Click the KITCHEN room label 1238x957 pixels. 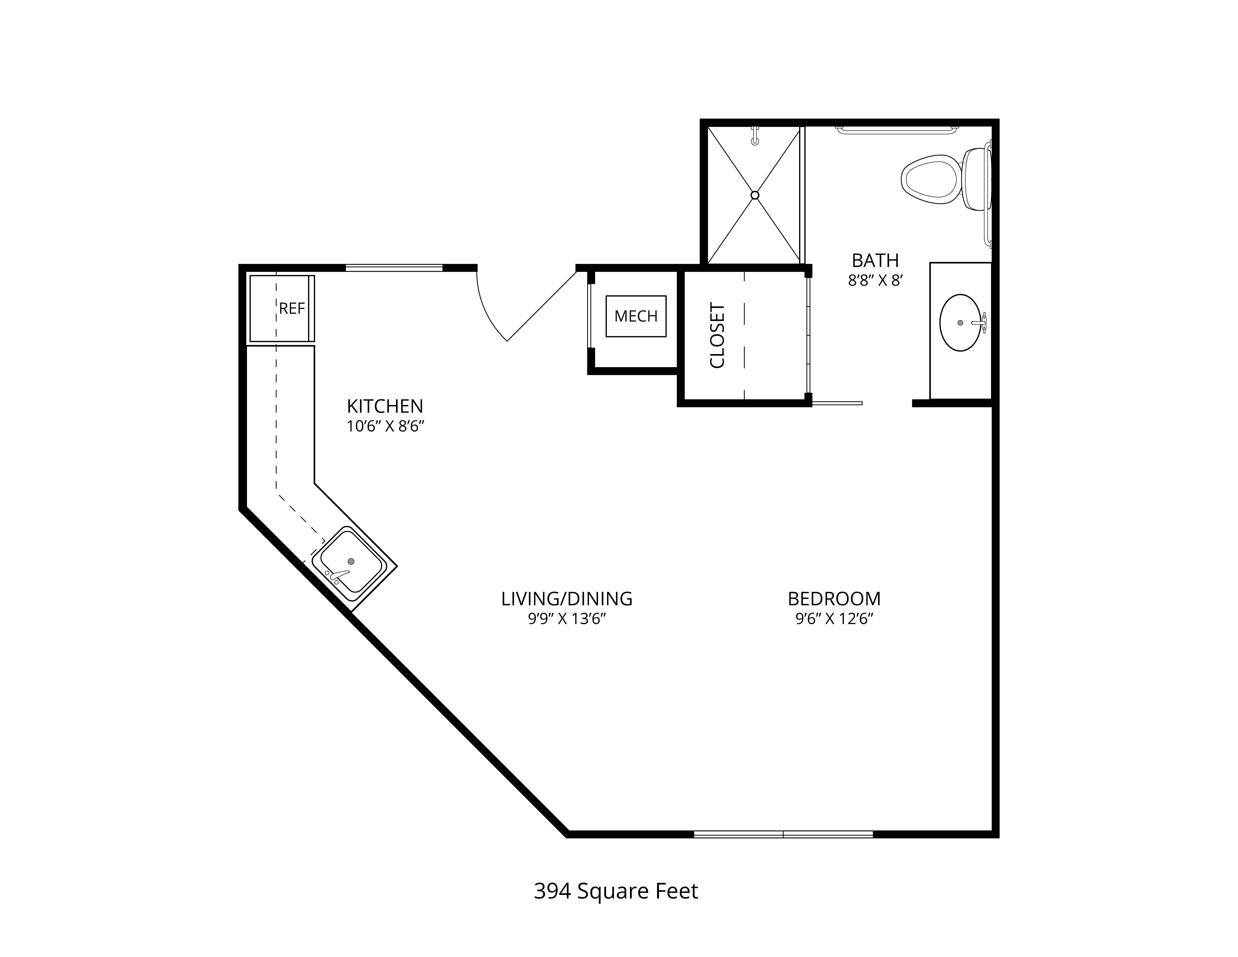coord(385,406)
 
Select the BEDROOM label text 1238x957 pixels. coord(834,599)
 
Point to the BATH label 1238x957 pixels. coord(875,260)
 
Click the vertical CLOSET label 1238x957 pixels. coord(717,336)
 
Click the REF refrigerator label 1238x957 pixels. coord(292,309)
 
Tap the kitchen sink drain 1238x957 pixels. coord(351,561)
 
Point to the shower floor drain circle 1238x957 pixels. coord(755,195)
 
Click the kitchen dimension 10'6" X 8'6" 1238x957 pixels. coord(385,426)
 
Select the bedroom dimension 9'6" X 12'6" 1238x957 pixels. coord(834,619)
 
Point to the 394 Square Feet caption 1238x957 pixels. coord(616,891)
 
